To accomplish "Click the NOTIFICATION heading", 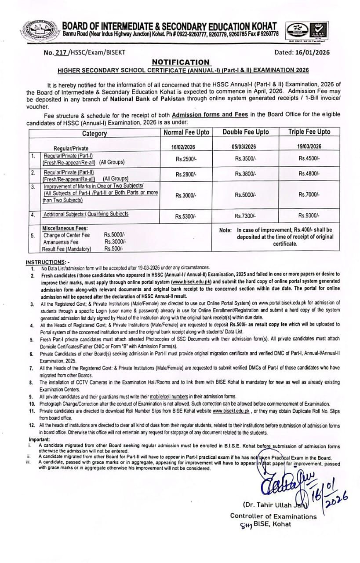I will pos(181,62).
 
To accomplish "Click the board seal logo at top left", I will pos(39,29).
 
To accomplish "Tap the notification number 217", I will pos(62,52).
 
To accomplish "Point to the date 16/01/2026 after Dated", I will pos(313,52).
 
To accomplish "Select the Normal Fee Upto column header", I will pos(186,132).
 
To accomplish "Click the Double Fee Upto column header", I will pos(246,132).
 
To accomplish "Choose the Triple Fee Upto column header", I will pos(309,132).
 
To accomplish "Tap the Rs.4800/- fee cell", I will pos(309,174).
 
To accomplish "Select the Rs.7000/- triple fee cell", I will pos(309,195).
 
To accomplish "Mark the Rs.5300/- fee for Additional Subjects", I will pos(186,216).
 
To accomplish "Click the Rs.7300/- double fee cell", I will pos(246,216).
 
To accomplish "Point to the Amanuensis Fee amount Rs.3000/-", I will pos(115,242).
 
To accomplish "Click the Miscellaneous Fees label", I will pos(65,228).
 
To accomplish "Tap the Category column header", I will pos(94,133).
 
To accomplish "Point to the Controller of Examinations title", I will pos(273,516).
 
